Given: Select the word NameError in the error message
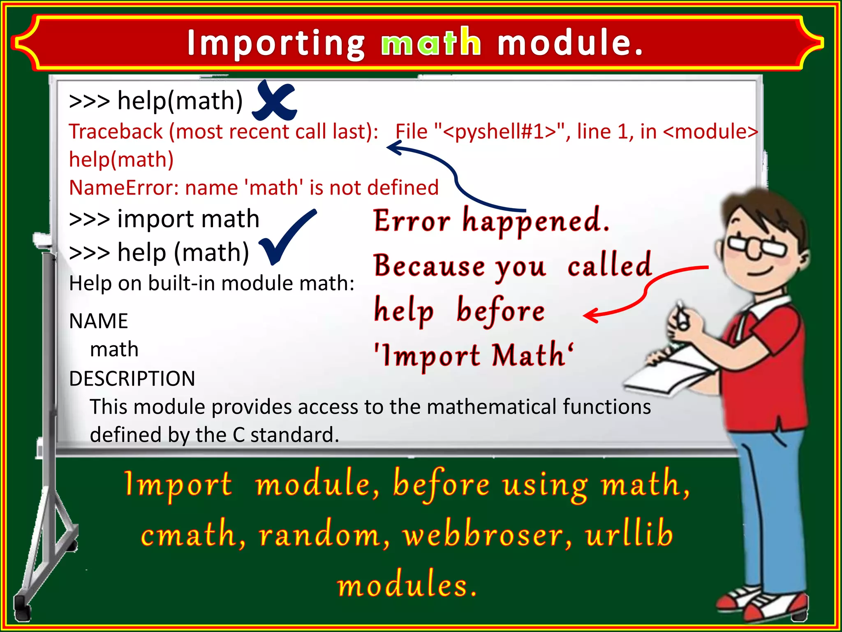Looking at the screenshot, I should pos(123,188).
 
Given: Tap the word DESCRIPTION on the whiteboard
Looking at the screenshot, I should pos(132,379).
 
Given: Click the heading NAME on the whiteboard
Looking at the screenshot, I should pos(99,321).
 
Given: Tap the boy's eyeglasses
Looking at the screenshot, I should pos(756,246).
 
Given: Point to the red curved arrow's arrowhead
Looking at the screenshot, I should pos(590,316).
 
